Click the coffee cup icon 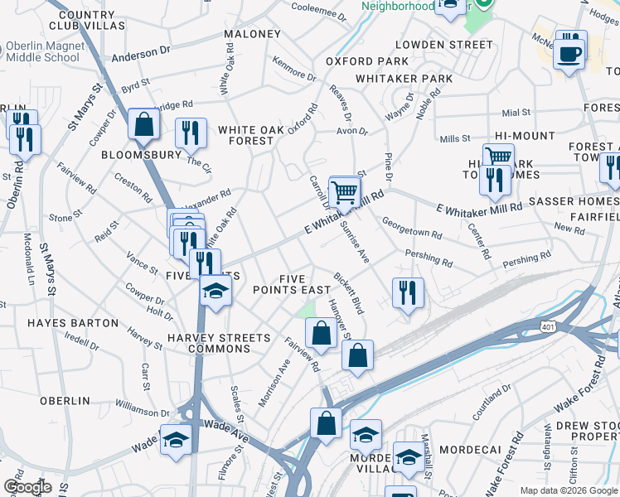click(569, 55)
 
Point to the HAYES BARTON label click(73, 322)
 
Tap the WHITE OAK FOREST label click(245, 135)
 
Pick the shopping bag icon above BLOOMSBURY click(144, 125)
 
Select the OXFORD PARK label click(366, 61)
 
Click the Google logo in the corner click(27, 487)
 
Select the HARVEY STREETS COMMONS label click(218, 343)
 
